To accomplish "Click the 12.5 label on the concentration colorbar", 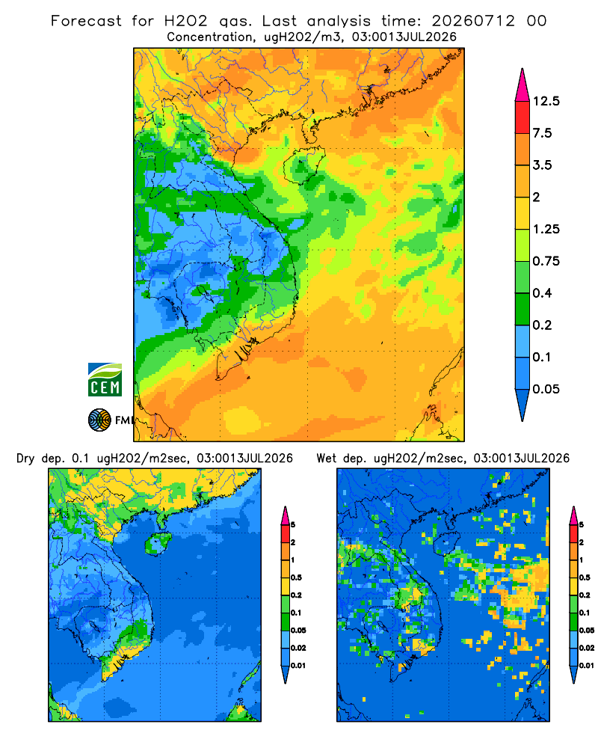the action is pyautogui.click(x=546, y=101).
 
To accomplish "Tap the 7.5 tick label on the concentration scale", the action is pyautogui.click(x=542, y=133).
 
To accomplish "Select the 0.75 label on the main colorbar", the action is pyautogui.click(x=546, y=261).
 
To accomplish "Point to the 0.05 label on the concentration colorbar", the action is pyautogui.click(x=546, y=389).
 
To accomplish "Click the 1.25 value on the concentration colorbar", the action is pyautogui.click(x=546, y=229).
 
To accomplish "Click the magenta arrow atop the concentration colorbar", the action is pyautogui.click(x=523, y=85).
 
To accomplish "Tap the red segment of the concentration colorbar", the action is pyautogui.click(x=523, y=117).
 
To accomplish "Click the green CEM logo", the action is pyautogui.click(x=105, y=379).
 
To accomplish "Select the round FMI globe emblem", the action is pyautogui.click(x=99, y=420).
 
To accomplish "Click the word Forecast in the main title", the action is pyautogui.click(x=86, y=21).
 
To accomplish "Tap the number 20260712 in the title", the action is pyautogui.click(x=473, y=21).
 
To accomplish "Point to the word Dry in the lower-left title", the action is pyautogui.click(x=25, y=459).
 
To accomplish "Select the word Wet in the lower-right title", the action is pyautogui.click(x=327, y=459).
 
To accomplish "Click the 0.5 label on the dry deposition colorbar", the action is pyautogui.click(x=296, y=577).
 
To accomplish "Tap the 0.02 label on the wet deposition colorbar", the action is pyautogui.click(x=587, y=648).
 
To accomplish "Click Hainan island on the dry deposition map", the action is pyautogui.click(x=158, y=544).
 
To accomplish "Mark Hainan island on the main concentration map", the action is pyautogui.click(x=303, y=165).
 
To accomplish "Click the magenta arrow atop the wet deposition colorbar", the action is pyautogui.click(x=573, y=515).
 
